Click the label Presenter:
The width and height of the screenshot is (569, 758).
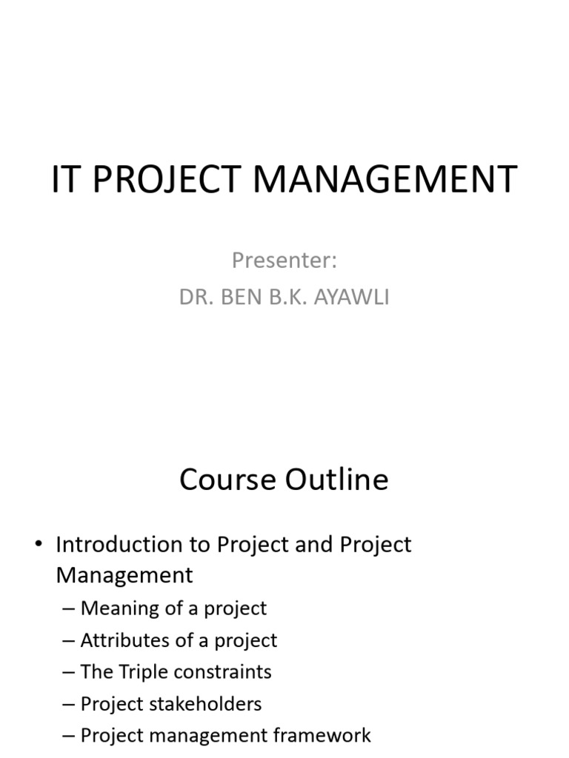coord(284,261)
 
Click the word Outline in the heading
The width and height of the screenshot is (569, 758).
coord(336,480)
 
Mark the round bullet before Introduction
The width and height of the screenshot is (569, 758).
coord(39,546)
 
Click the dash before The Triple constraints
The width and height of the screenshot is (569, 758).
coord(69,672)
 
